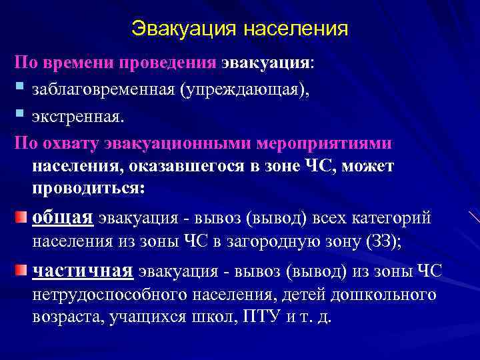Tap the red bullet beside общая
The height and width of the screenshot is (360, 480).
coord(21,218)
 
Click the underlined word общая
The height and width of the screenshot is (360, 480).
coord(63,217)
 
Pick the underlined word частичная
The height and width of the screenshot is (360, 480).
coord(83,271)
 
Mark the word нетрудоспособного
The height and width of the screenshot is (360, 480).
coord(110,294)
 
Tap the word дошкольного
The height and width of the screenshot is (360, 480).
coord(383,294)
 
